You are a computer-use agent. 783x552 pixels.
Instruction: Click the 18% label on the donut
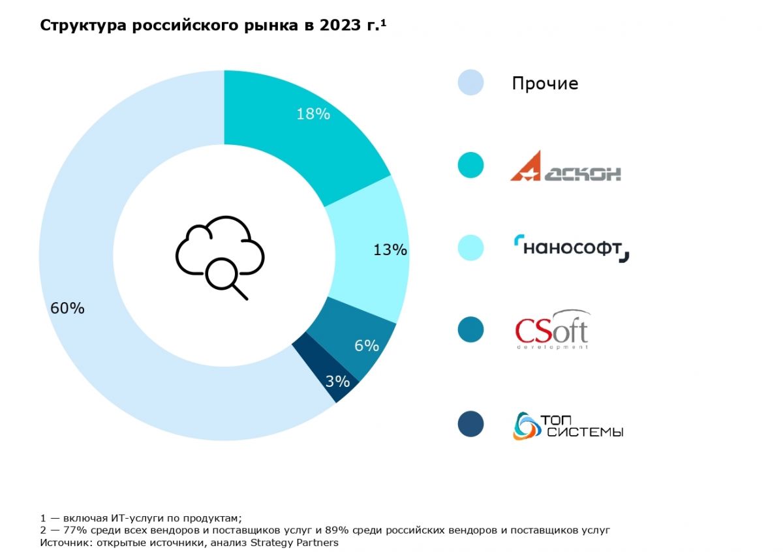pos(313,114)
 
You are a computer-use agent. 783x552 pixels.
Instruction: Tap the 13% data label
pos(390,250)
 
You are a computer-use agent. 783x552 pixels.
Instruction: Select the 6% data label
pos(367,346)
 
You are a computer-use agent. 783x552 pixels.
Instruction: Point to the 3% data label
pos(337,382)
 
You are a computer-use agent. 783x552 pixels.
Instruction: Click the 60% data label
pos(67,309)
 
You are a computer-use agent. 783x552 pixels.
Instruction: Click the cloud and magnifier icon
pos(220,256)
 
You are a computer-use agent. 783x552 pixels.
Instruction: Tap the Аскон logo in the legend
pos(565,166)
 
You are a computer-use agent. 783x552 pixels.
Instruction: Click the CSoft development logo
pos(552,330)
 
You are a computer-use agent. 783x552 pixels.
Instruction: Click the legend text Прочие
pos(545,84)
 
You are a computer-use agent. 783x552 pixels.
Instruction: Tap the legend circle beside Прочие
pos(470,83)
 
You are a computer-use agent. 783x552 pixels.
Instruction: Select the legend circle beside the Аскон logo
pos(470,166)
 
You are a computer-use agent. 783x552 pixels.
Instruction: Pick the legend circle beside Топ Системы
pos(470,424)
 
